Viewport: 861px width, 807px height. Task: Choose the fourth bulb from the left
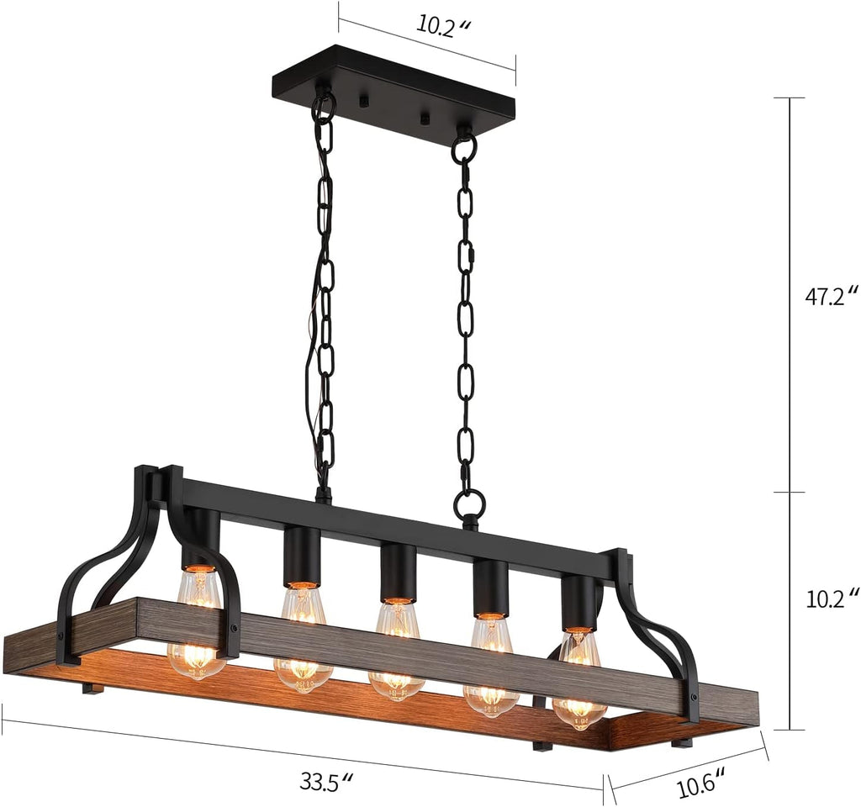[x=491, y=667]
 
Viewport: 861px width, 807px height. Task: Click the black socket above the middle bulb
[x=398, y=572]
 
